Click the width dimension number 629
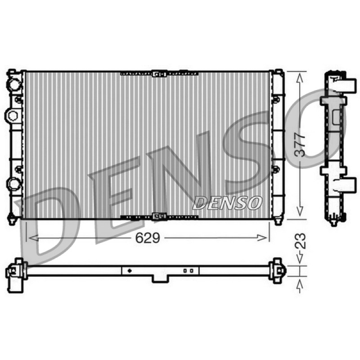pyautogui.click(x=148, y=238)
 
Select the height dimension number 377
pyautogui.click(x=300, y=145)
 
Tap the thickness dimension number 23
pyautogui.click(x=300, y=241)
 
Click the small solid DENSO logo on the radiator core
pyautogui.click(x=227, y=203)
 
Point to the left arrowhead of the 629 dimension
pyautogui.click(x=34, y=238)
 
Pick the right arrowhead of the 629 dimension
pyautogui.click(x=262, y=238)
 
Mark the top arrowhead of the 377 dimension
pyautogui.click(x=300, y=78)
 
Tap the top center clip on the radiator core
pyautogui.click(x=159, y=74)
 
